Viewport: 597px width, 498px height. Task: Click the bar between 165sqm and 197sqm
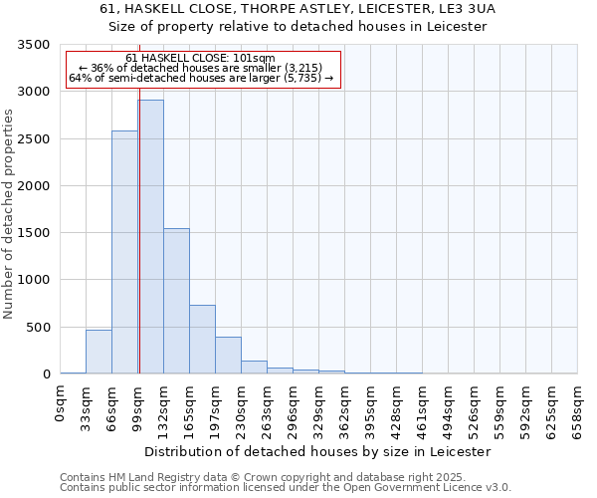(x=203, y=340)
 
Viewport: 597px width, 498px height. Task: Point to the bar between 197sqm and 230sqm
(x=229, y=356)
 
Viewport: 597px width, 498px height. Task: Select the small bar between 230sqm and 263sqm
(x=255, y=368)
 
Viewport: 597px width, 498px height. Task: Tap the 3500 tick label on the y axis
(x=34, y=45)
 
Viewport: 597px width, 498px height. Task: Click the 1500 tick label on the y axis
(x=34, y=233)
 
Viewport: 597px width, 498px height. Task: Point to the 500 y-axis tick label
(x=38, y=328)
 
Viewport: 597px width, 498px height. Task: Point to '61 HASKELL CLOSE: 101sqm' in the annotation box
(x=201, y=59)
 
